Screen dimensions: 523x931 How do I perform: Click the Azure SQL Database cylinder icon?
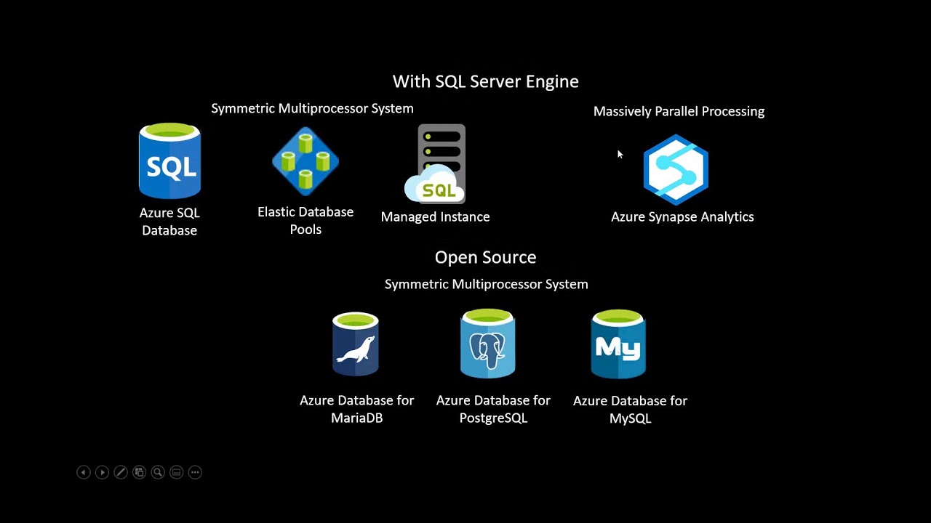click(169, 161)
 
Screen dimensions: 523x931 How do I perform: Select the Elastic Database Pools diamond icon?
click(305, 161)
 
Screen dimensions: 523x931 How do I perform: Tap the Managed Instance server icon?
click(438, 164)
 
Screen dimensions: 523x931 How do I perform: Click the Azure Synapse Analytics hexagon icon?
click(676, 169)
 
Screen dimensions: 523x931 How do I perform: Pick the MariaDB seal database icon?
click(356, 344)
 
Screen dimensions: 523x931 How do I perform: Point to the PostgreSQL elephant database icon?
click(488, 344)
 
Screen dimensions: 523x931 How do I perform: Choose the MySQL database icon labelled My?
click(618, 344)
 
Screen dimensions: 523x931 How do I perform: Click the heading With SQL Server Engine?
click(485, 81)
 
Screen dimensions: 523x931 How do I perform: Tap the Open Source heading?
click(485, 257)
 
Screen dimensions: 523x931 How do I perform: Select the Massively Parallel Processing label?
click(679, 111)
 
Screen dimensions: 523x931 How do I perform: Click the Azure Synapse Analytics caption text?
click(682, 216)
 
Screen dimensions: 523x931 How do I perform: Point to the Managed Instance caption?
click(435, 216)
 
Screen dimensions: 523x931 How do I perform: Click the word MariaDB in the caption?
click(356, 418)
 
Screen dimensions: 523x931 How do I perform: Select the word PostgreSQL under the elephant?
click(493, 418)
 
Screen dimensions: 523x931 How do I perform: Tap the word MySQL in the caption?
click(630, 419)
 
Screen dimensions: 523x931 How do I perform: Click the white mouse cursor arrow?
click(620, 154)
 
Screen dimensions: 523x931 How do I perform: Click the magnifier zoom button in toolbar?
click(157, 472)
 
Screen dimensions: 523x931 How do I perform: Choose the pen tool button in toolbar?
click(121, 472)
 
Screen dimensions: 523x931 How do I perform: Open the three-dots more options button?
click(195, 472)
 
